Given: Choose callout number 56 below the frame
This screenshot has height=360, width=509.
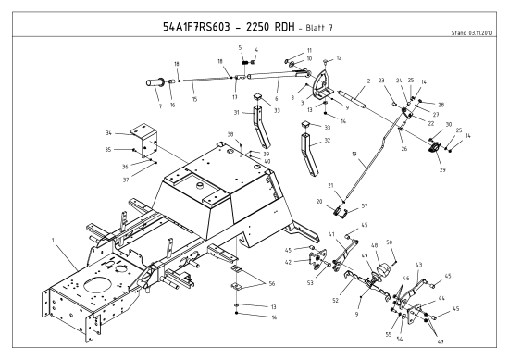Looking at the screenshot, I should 271,283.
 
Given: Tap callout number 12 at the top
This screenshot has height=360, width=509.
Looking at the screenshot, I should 340,58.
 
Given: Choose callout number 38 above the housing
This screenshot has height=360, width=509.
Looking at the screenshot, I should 230,135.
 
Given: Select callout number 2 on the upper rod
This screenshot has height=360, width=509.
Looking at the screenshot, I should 368,81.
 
